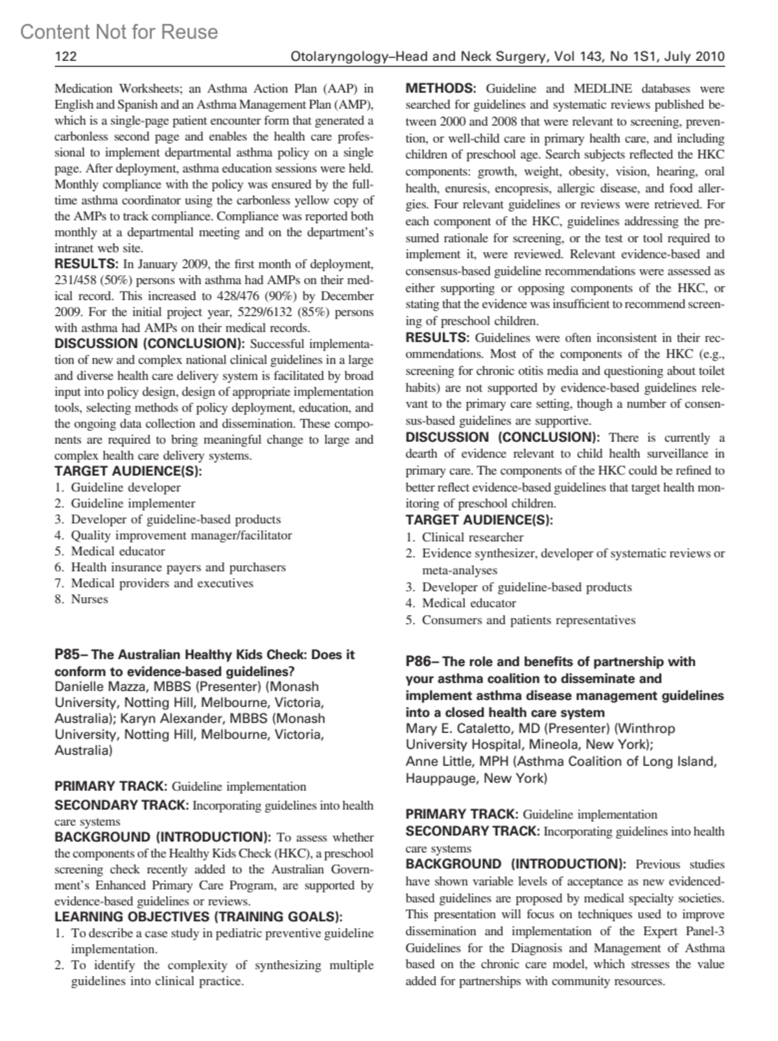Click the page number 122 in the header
pyautogui.click(x=65, y=56)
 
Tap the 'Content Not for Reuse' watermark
pyautogui.click(x=119, y=32)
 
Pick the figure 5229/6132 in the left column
pyautogui.click(x=267, y=312)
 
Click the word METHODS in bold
pyautogui.click(x=441, y=88)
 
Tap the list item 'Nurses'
pyautogui.click(x=89, y=599)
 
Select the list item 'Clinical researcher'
pyautogui.click(x=473, y=537)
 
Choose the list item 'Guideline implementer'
pyautogui.click(x=133, y=503)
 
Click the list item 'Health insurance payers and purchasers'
pyautogui.click(x=178, y=567)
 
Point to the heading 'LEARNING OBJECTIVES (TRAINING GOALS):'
pyautogui.click(x=198, y=917)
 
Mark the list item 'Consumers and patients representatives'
pyautogui.click(x=528, y=620)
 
